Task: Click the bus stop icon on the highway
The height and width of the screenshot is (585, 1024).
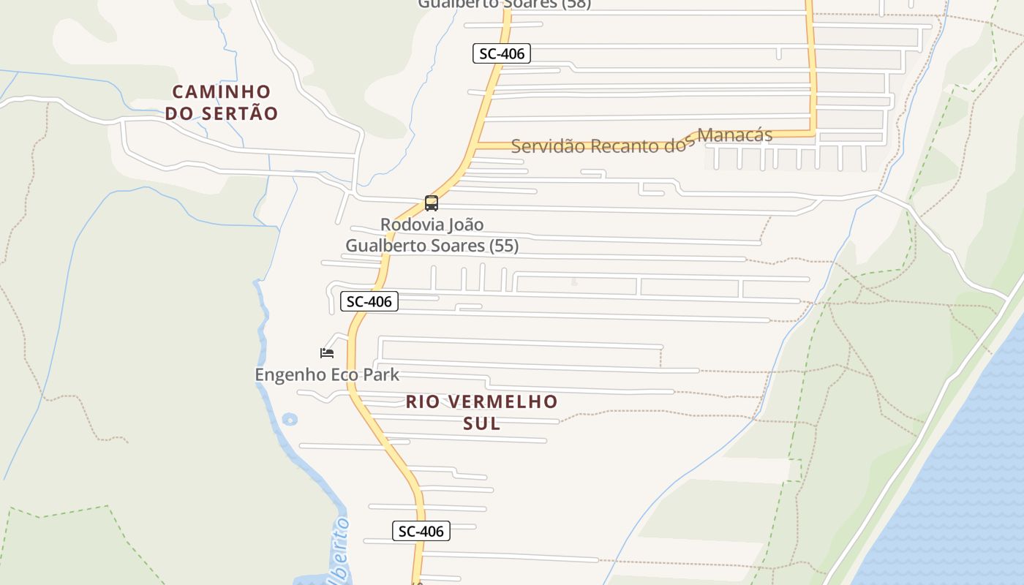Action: [x=432, y=203]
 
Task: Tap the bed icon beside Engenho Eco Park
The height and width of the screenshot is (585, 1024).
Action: [x=327, y=353]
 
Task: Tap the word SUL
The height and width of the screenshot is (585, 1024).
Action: [x=482, y=423]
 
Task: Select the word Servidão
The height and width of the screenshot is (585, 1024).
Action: [x=548, y=146]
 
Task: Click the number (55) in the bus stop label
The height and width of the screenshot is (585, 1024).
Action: [x=504, y=246]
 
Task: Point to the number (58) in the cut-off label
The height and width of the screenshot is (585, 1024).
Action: [x=576, y=4]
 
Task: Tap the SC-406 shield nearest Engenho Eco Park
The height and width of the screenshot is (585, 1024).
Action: [x=369, y=301]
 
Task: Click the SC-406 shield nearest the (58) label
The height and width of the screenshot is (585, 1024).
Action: [x=501, y=53]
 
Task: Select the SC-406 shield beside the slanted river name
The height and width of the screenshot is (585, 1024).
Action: [x=421, y=531]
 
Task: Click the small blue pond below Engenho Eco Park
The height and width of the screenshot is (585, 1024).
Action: [x=290, y=419]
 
